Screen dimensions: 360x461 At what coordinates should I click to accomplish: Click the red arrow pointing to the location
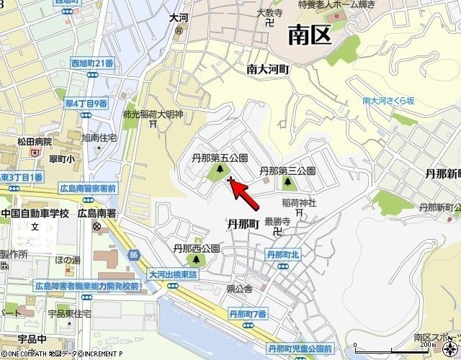242,191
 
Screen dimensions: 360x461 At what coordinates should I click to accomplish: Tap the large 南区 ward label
310,34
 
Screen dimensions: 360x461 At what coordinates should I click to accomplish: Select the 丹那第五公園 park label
220,157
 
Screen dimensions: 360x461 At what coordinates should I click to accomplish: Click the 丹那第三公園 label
287,171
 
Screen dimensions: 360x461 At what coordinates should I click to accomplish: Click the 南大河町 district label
267,70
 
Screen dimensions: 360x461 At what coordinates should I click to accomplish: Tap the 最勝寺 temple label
277,222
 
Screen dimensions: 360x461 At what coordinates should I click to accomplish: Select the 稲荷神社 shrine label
300,204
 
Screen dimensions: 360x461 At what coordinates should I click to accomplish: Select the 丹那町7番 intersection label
248,313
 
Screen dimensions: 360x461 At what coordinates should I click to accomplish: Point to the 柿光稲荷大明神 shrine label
153,114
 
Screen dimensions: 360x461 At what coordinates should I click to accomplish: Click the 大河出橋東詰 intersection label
177,274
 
